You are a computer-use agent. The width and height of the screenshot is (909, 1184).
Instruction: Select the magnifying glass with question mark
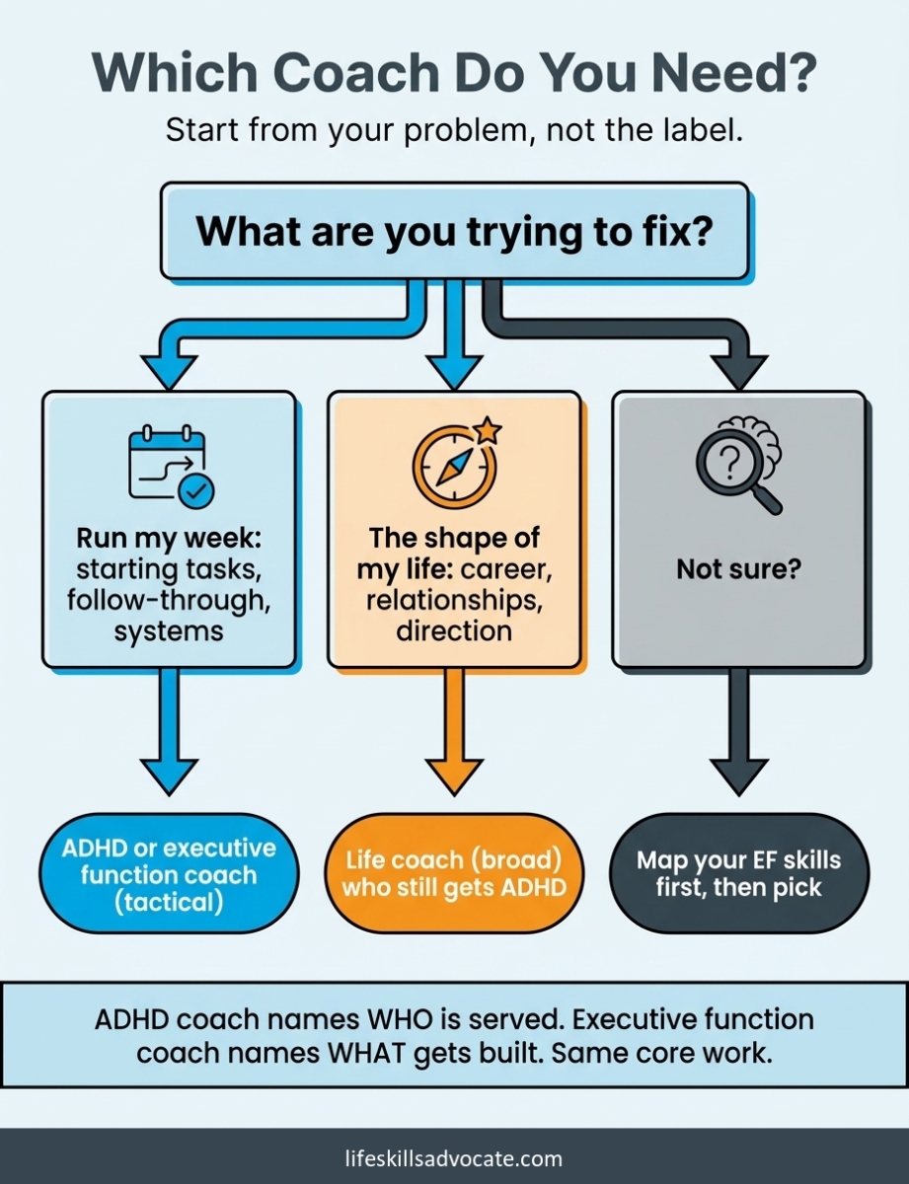click(732, 470)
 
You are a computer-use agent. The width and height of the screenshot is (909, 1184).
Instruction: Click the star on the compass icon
click(488, 431)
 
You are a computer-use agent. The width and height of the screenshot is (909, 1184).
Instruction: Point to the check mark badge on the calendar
click(196, 491)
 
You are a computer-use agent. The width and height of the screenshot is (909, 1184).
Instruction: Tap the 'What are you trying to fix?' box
click(454, 231)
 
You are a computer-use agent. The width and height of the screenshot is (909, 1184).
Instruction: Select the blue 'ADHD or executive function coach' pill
click(169, 874)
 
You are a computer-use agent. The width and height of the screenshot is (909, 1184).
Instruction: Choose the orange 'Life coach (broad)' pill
click(454, 874)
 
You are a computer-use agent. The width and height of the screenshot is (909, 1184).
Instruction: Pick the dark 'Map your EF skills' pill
click(739, 874)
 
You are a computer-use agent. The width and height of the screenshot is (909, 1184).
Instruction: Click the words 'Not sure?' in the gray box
click(739, 570)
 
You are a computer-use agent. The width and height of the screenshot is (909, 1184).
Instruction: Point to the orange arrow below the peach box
click(454, 732)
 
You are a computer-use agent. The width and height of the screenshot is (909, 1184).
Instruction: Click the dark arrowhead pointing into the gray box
click(739, 372)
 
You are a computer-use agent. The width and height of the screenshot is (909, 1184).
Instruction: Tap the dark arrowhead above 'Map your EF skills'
click(739, 777)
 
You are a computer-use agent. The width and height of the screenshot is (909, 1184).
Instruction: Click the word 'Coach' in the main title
click(357, 72)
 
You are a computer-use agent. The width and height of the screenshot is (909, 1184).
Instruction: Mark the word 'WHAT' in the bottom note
click(365, 1053)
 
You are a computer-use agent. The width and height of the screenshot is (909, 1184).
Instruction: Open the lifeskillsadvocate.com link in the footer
click(454, 1158)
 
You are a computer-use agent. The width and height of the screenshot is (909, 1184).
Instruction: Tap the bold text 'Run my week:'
click(169, 539)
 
